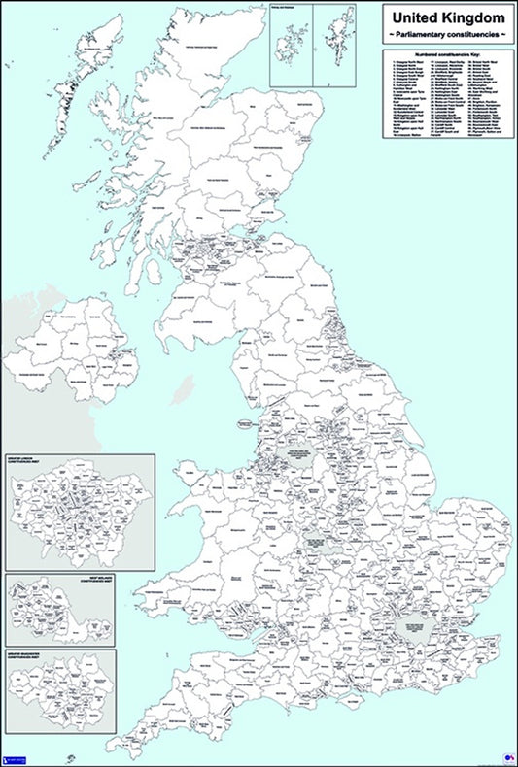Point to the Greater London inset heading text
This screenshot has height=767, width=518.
coord(28,461)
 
